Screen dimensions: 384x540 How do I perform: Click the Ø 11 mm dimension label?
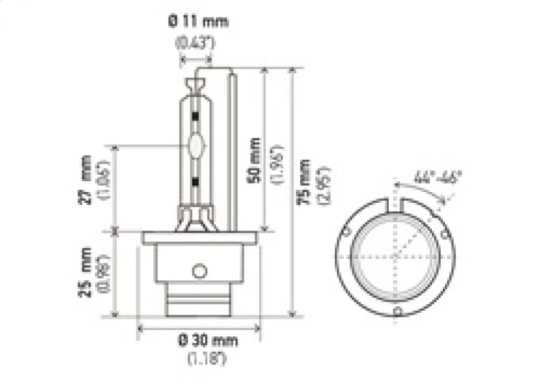[198, 22]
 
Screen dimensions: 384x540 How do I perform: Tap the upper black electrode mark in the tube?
[196, 118]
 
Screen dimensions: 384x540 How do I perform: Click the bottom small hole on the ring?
[398, 311]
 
